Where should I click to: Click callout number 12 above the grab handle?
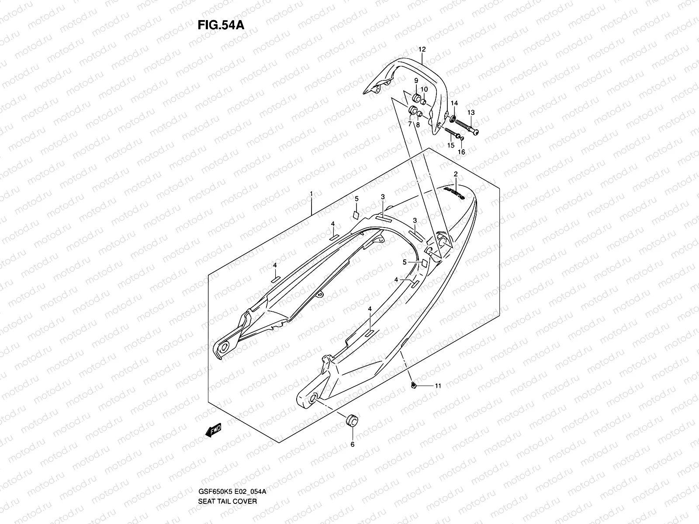click(x=422, y=50)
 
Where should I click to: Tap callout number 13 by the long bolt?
click(x=471, y=113)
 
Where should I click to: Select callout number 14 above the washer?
click(x=454, y=103)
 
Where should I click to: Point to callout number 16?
click(x=461, y=152)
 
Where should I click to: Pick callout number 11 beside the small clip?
click(x=437, y=386)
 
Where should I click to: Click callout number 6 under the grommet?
click(x=353, y=445)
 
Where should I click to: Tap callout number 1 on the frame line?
click(x=311, y=193)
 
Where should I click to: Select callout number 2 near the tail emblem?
click(x=456, y=174)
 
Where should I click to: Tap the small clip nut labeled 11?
click(x=413, y=385)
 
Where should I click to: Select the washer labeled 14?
click(x=453, y=118)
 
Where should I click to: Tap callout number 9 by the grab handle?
click(x=416, y=81)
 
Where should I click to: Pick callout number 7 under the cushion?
click(x=410, y=124)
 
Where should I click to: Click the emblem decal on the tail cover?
click(x=455, y=192)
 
